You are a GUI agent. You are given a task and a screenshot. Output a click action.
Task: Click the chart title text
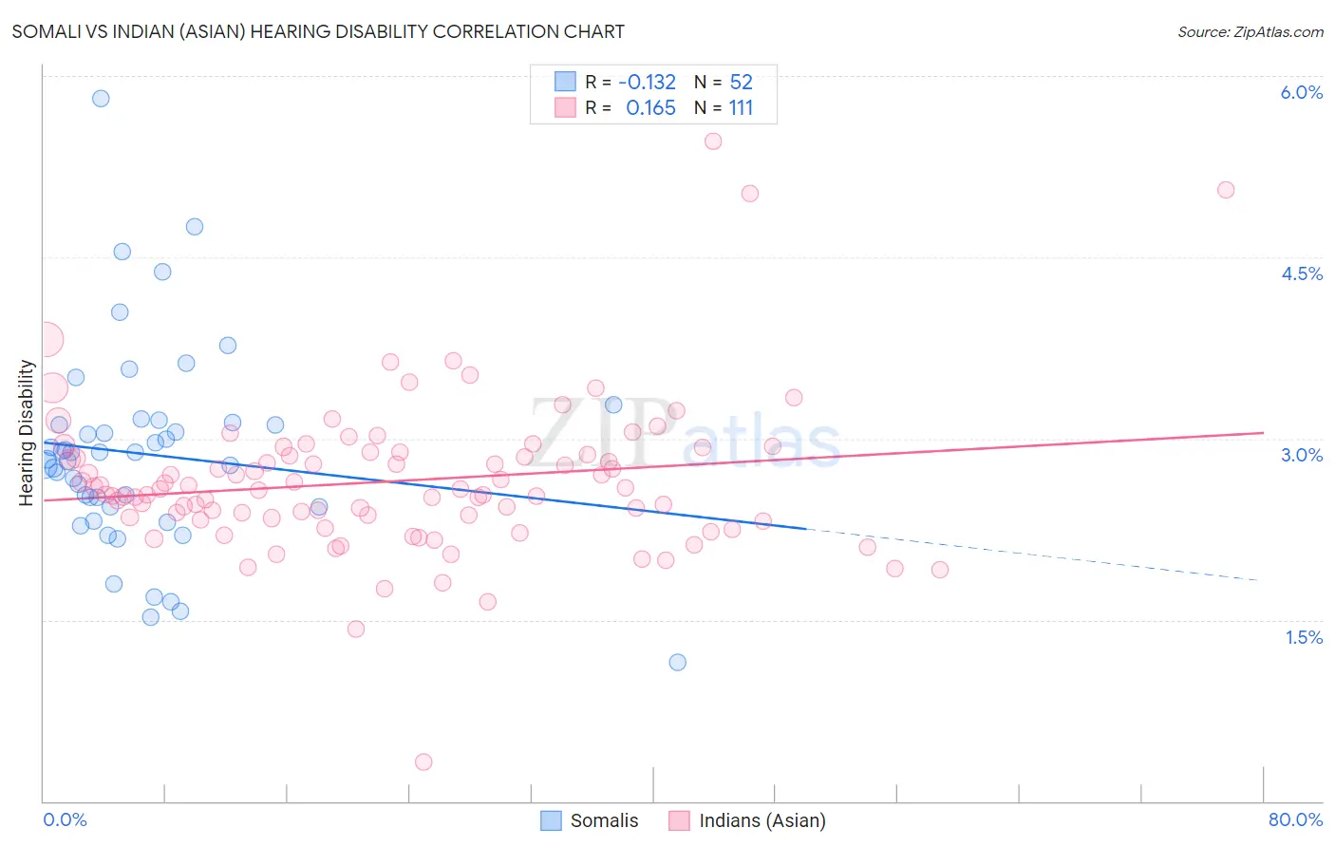pos(318,31)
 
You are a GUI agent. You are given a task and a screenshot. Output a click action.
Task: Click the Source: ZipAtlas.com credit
pos(1250,32)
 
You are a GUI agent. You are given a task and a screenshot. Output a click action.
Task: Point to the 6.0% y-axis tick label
pos(1301,92)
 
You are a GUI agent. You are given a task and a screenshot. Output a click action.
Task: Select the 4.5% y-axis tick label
pos(1301,273)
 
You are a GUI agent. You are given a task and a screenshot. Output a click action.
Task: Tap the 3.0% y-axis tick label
pos(1301,455)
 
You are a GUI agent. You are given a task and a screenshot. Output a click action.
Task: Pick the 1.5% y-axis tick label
pos(1304,637)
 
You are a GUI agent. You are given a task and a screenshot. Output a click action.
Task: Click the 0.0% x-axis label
pos(65,819)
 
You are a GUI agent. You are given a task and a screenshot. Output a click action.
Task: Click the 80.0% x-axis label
pos(1295,819)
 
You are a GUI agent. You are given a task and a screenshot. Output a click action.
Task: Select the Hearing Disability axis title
pos(27,432)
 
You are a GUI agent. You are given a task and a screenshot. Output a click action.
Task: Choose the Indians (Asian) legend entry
pos(748,820)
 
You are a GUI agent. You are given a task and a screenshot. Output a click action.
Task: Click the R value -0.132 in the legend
pos(647,83)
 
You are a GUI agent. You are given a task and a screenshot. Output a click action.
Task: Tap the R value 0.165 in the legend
pos(650,108)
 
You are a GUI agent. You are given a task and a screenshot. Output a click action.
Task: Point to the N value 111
pos(741,108)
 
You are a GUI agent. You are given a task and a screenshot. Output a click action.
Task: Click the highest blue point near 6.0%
pos(101,99)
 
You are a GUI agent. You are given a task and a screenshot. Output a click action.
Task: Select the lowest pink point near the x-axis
pos(423,762)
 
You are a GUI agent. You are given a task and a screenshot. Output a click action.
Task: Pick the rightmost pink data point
pos(1226,190)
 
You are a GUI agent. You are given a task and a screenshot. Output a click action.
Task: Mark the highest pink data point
pos(713,141)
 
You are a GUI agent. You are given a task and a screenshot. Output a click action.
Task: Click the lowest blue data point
pos(677,662)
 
